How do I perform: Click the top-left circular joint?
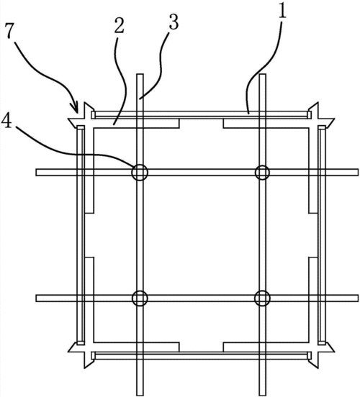pyautogui.click(x=139, y=172)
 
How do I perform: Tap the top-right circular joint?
pyautogui.click(x=262, y=172)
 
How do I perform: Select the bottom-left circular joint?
pyautogui.click(x=139, y=298)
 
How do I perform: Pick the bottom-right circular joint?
pyautogui.click(x=262, y=298)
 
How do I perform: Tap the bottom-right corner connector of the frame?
pyautogui.click(x=317, y=355)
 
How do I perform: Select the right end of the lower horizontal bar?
pyautogui.click(x=356, y=298)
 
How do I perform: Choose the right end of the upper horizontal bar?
pyautogui.click(x=356, y=172)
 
